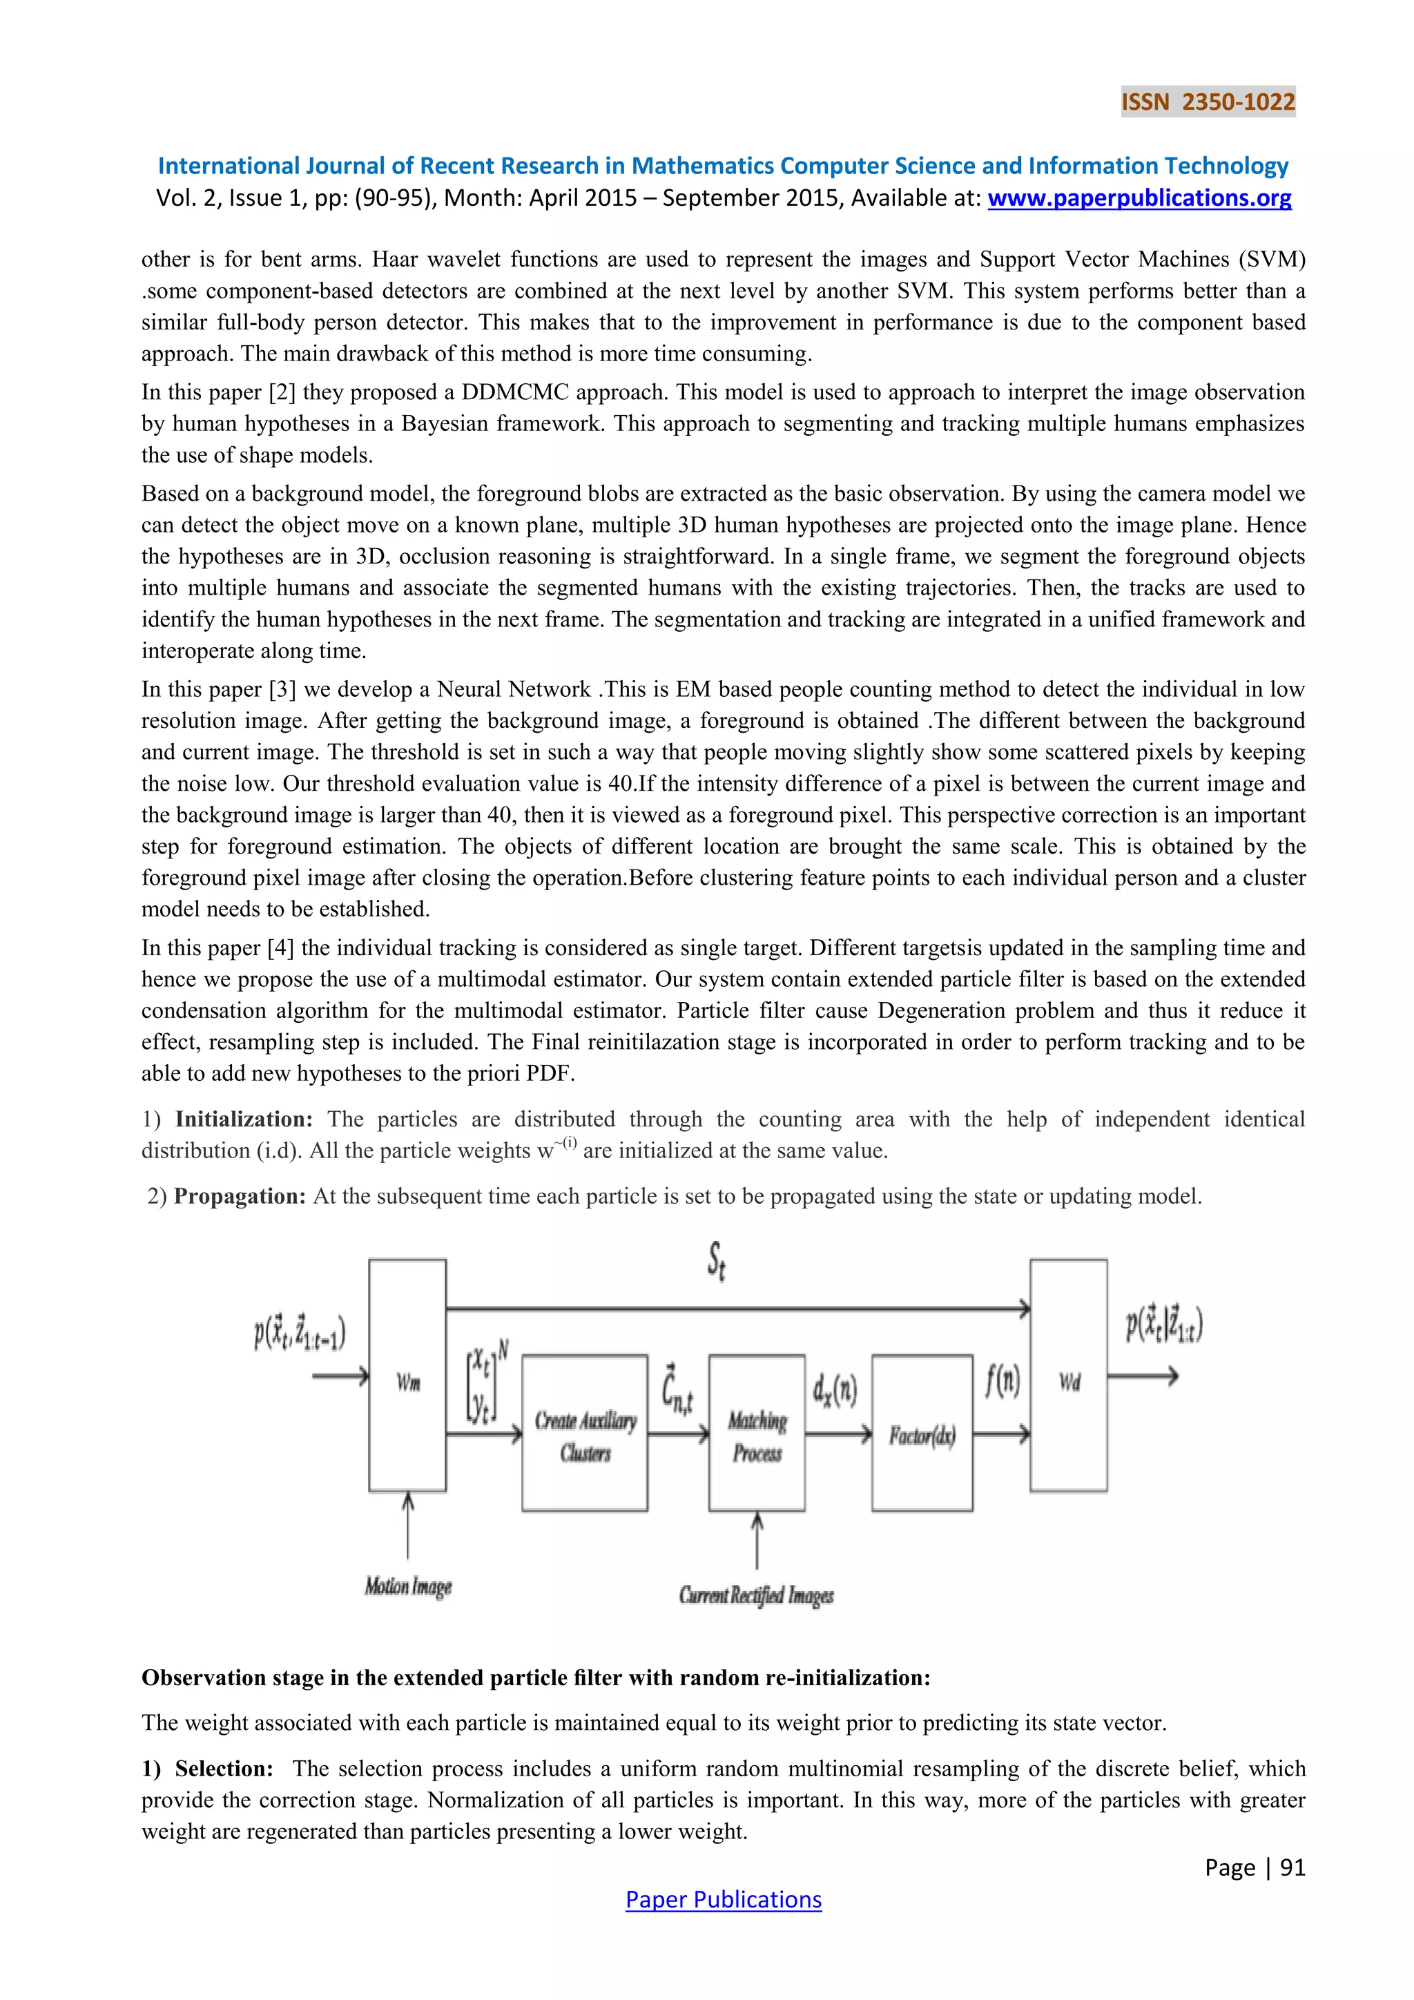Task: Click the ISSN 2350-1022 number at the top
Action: (x=1208, y=102)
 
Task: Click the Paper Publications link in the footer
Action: (x=723, y=1899)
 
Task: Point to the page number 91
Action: (x=1292, y=1867)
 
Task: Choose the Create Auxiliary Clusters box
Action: (x=584, y=1433)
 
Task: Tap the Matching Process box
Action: (x=757, y=1433)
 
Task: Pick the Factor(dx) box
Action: (x=922, y=1433)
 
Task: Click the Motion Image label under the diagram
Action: (x=408, y=1586)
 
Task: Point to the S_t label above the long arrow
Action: (x=717, y=1260)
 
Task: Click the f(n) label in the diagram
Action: (x=1003, y=1381)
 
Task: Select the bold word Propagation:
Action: (x=240, y=1196)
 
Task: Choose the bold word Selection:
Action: (x=224, y=1768)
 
